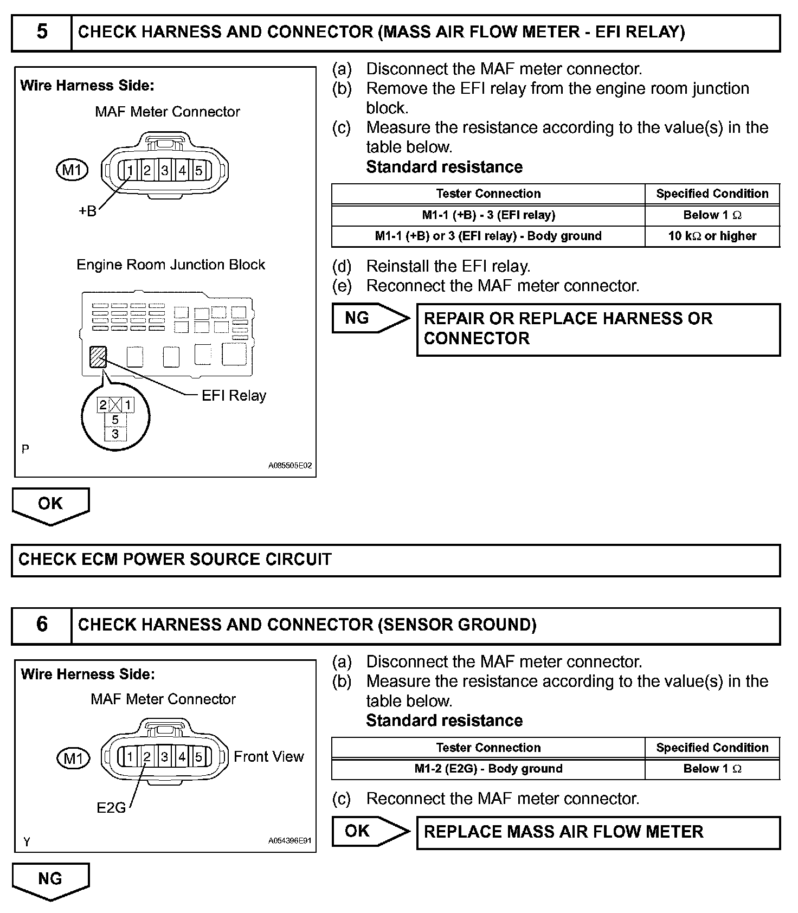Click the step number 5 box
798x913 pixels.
point(42,33)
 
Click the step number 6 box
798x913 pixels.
point(42,625)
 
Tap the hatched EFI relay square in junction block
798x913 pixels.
point(98,357)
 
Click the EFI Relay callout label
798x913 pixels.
point(234,396)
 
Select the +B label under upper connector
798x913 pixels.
point(87,211)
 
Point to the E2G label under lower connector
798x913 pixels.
point(111,808)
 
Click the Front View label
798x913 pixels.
point(268,757)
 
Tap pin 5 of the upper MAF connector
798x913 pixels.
point(199,171)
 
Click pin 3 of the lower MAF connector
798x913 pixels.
point(164,757)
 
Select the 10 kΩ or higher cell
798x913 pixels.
point(712,236)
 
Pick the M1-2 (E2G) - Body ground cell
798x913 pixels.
point(488,769)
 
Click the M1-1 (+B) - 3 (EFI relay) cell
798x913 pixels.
point(488,215)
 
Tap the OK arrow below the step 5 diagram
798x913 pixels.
point(50,505)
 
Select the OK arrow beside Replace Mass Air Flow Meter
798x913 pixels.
point(369,831)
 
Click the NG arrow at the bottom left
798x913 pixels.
point(50,880)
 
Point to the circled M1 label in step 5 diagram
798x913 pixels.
point(72,171)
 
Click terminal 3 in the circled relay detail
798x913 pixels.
point(115,434)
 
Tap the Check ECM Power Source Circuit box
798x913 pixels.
point(395,560)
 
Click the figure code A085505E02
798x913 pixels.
point(289,466)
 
